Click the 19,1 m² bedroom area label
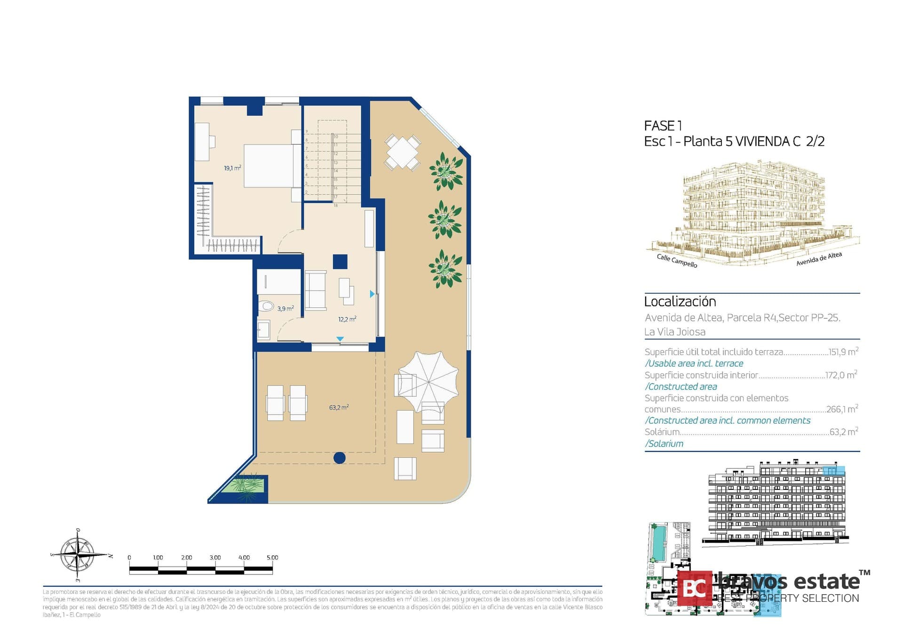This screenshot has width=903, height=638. [x=232, y=168]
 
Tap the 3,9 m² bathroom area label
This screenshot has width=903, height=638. [x=285, y=309]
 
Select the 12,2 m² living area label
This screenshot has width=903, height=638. [x=347, y=319]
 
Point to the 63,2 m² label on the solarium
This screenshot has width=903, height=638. [x=339, y=408]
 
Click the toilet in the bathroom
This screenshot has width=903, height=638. [x=266, y=307]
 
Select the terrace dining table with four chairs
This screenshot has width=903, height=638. [x=402, y=152]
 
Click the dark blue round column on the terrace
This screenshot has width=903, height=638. [x=340, y=457]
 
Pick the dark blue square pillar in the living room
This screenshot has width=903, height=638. [x=340, y=261]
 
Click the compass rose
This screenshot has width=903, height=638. [x=79, y=555]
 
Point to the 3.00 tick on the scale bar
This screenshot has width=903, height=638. [x=215, y=558]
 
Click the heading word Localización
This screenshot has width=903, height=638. [x=680, y=302]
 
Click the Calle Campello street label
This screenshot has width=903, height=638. [x=677, y=260]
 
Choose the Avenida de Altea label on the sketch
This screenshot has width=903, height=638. [x=818, y=259]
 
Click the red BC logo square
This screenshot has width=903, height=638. [x=695, y=588]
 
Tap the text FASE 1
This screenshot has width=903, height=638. [x=663, y=126]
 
